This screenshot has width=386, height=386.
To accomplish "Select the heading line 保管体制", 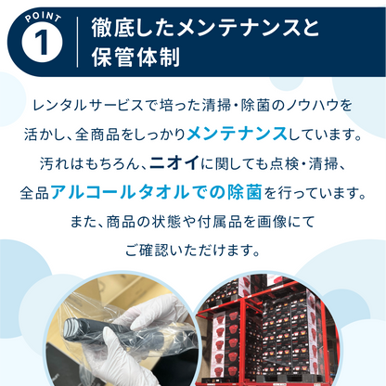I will click(x=129, y=56).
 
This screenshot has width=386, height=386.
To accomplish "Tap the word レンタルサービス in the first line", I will click(x=101, y=106).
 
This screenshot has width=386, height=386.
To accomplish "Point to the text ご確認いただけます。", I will click(x=193, y=251).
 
